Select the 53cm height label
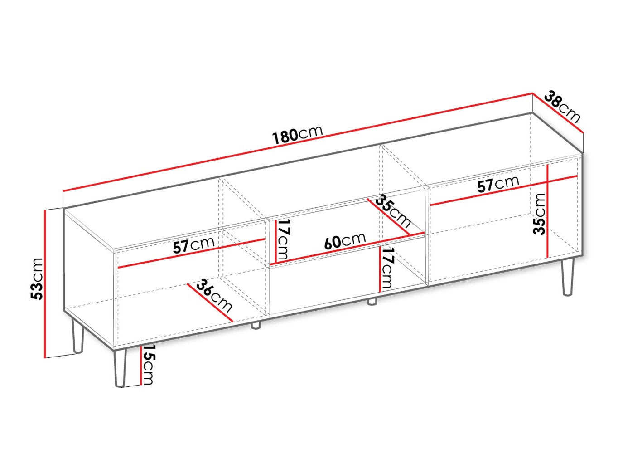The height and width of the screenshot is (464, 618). click(37, 279)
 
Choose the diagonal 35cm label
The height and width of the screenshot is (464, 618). click(393, 211)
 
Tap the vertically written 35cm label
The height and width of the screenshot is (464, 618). click(539, 214)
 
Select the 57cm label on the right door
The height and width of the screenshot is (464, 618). click(498, 185)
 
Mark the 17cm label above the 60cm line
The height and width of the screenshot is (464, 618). click(283, 240)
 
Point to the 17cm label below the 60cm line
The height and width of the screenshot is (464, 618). click(387, 268)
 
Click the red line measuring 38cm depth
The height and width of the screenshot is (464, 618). click(557, 114)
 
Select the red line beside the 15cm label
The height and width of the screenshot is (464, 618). click(140, 365)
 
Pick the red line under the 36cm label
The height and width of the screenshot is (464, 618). click(210, 302)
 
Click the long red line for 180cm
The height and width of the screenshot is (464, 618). click(298, 142)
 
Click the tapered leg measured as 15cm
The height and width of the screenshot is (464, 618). click(121, 368)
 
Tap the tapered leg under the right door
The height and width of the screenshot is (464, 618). click(567, 277)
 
